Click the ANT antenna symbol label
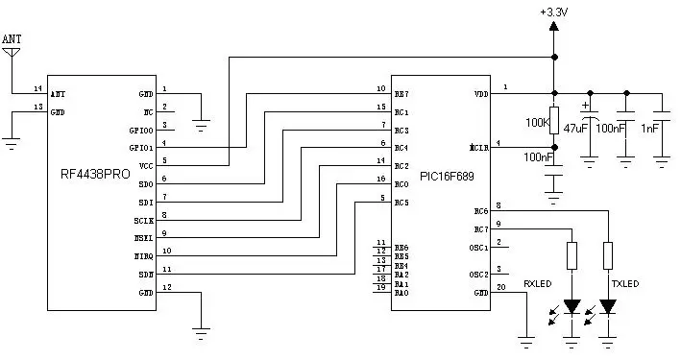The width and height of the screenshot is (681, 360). [x=12, y=38]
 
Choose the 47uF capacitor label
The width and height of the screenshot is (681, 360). [x=575, y=128]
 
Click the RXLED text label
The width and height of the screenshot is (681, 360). [x=538, y=284]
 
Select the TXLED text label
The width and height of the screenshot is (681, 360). [x=624, y=284]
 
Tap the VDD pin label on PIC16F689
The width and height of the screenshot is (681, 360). [x=481, y=94]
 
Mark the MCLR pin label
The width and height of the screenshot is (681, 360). [x=479, y=149]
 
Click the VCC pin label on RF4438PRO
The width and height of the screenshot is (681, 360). [x=146, y=165]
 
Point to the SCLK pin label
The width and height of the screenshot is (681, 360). [x=144, y=220]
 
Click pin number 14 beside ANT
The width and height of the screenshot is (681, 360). [x=37, y=88]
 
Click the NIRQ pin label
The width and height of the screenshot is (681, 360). [x=144, y=256]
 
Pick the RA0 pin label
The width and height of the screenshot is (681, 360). [x=401, y=293]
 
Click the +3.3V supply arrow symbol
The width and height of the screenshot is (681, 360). [x=554, y=26]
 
